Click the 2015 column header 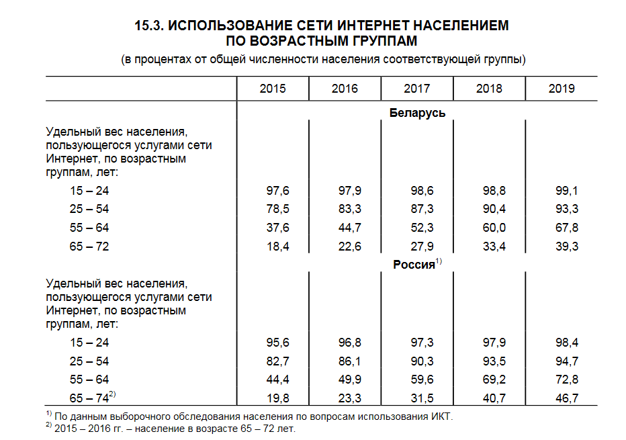(272, 89)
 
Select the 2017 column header (417, 89)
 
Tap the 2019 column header (562, 89)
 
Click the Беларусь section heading (417, 113)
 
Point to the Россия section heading (414, 265)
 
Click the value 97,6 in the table (277, 191)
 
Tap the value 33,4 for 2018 (494, 247)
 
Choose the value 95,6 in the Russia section (277, 343)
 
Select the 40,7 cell (494, 398)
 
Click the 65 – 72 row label (89, 247)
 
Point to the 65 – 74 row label (89, 398)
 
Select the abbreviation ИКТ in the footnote (443, 416)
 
